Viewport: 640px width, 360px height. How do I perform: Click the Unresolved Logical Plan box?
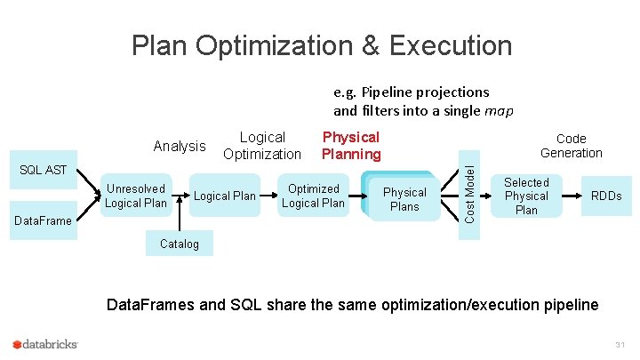coord(136,196)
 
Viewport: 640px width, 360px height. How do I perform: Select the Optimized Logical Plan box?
coord(313,196)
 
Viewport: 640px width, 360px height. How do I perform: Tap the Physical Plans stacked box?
coord(404,199)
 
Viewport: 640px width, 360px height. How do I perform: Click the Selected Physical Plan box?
coord(526,196)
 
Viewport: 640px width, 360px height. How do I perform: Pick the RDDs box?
coord(606,196)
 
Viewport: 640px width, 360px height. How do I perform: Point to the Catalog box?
coord(179,244)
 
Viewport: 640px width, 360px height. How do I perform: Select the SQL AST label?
coord(44,170)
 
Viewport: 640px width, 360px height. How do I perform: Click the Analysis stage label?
coord(180,146)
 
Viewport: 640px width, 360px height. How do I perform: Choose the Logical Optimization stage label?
coord(262,146)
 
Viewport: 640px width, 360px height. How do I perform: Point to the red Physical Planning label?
coord(350,146)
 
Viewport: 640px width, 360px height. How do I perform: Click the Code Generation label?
coord(571,146)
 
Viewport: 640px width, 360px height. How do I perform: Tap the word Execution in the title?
coord(449,45)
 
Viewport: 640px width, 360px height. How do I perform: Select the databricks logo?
coord(45,344)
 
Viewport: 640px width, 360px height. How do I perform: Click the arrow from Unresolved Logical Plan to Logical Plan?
coord(181,196)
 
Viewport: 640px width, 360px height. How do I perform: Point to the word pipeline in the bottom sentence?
coord(565,306)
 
